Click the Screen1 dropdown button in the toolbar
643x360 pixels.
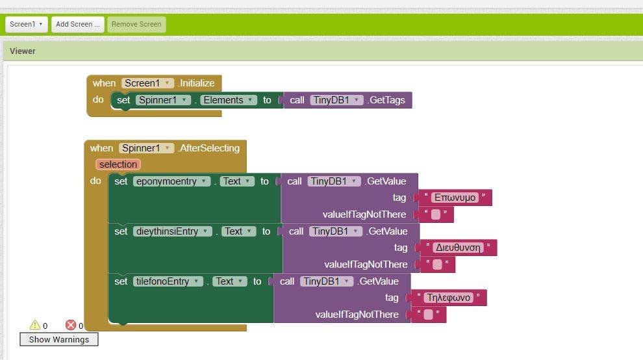(x=26, y=24)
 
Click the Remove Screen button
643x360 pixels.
(x=136, y=24)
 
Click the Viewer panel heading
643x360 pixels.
(x=23, y=51)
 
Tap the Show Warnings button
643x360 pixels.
(x=59, y=339)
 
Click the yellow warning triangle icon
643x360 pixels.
(x=35, y=325)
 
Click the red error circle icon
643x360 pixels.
(x=71, y=325)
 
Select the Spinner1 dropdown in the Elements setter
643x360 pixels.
(x=163, y=100)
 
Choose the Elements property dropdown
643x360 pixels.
(x=229, y=100)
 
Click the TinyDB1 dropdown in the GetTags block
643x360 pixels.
(x=336, y=100)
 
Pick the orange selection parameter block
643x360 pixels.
(x=118, y=164)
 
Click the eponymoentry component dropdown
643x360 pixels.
(x=172, y=181)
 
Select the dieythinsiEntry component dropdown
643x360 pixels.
(x=173, y=231)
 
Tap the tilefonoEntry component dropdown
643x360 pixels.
(x=168, y=281)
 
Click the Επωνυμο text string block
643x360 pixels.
(x=455, y=198)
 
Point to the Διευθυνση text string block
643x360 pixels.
(x=458, y=248)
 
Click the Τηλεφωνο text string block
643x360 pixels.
(x=449, y=298)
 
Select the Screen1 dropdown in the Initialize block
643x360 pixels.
(x=147, y=83)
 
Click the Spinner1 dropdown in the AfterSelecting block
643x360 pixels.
(x=146, y=148)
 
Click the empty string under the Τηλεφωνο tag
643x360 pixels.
(x=428, y=315)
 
